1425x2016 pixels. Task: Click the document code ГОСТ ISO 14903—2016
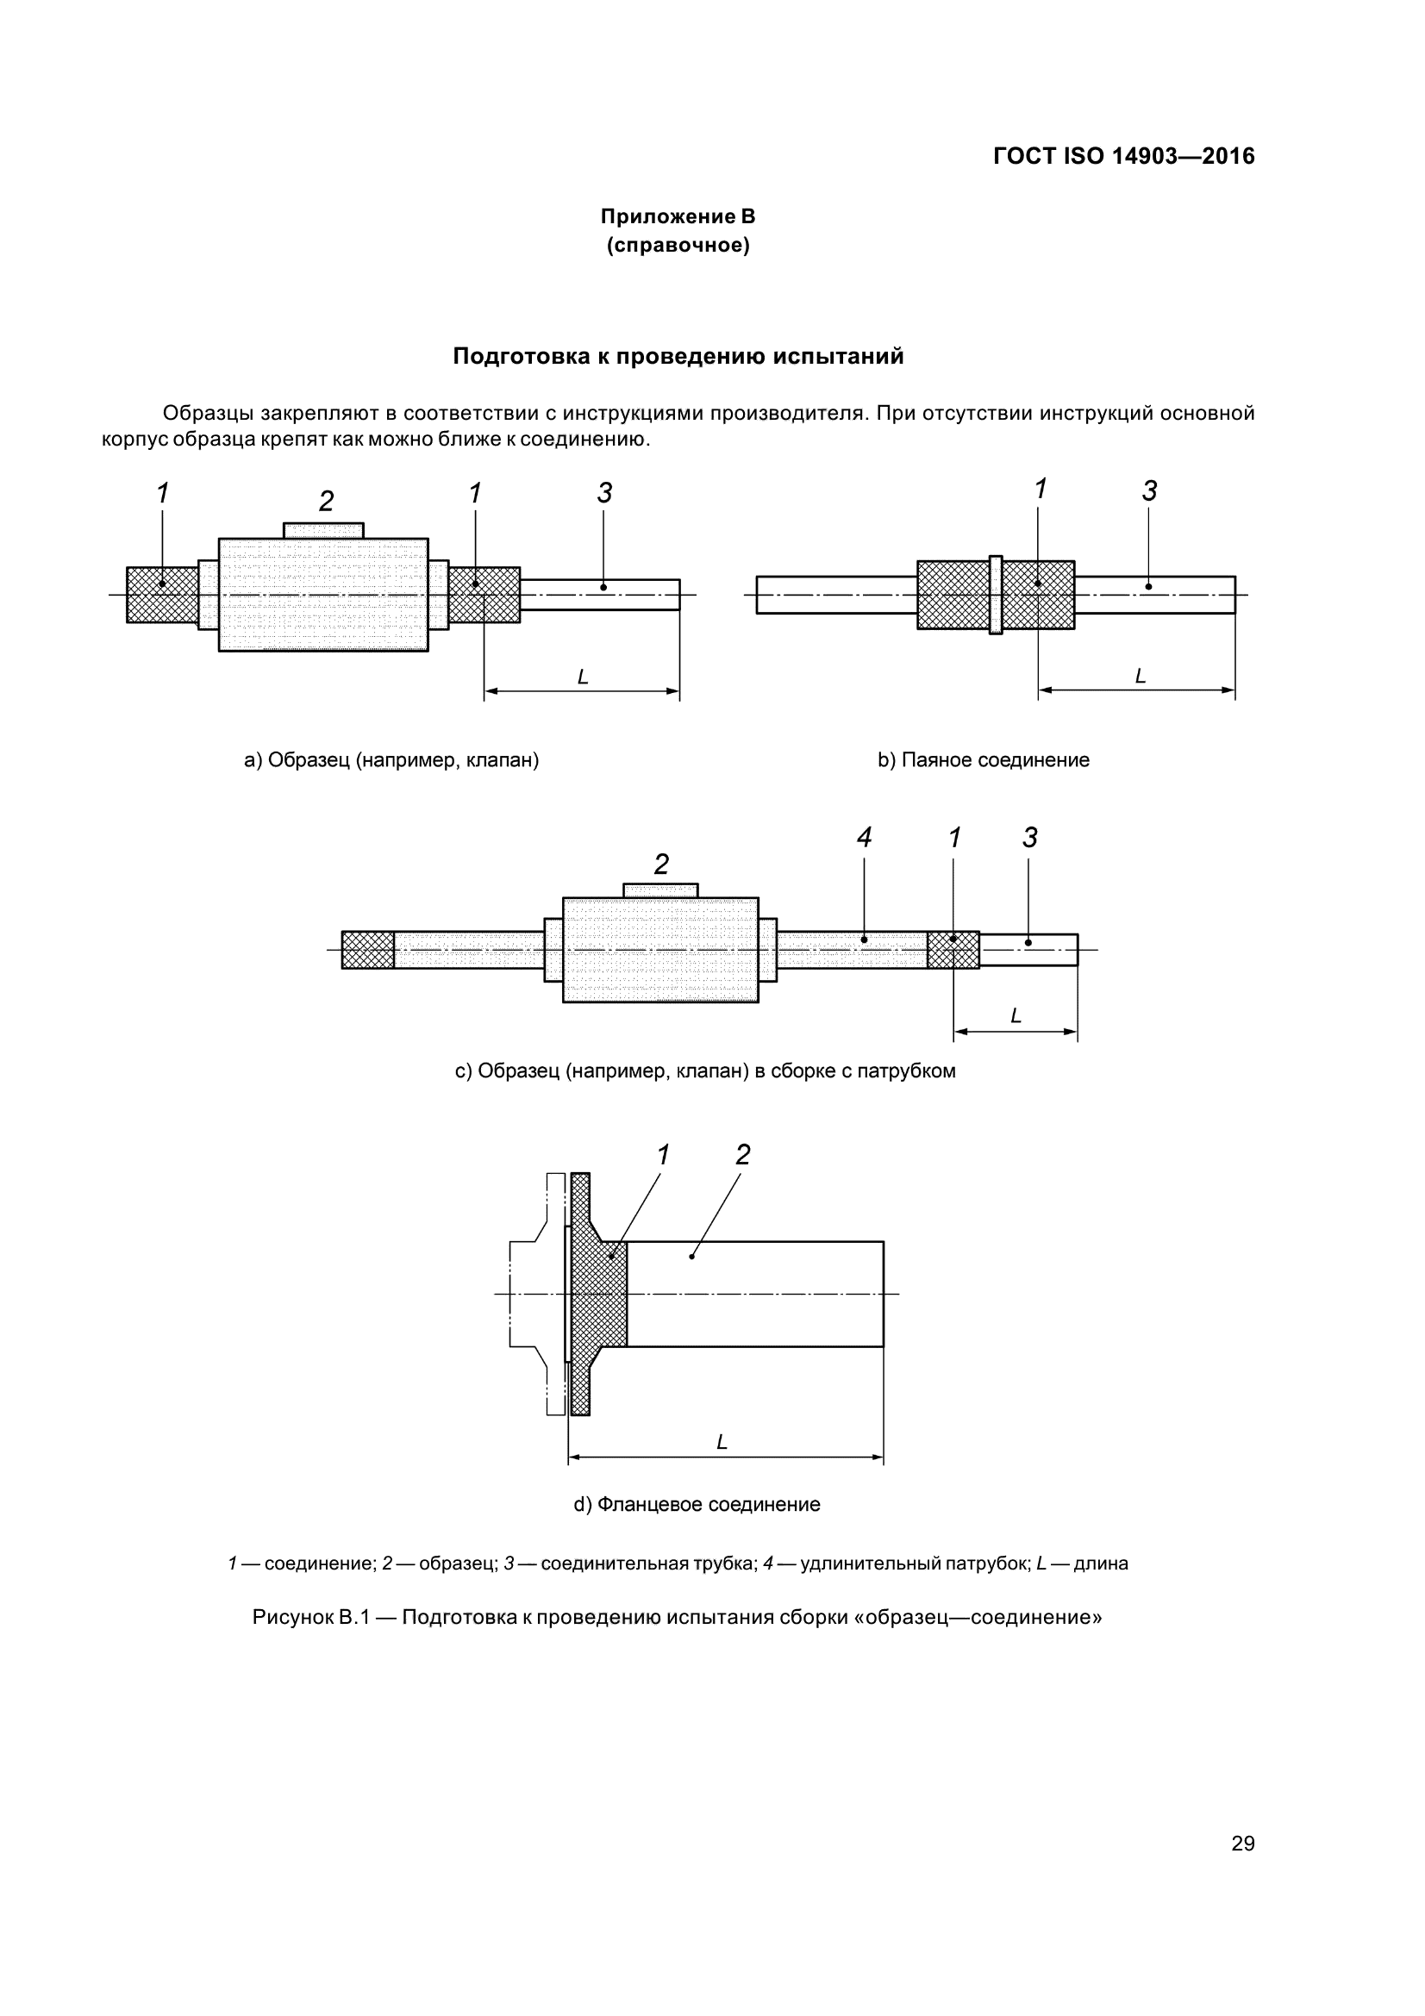click(1123, 156)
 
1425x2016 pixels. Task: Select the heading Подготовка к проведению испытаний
click(678, 357)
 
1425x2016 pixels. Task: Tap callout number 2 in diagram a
click(326, 502)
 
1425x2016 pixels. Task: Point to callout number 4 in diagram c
click(864, 838)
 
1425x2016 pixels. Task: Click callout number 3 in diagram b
click(1149, 491)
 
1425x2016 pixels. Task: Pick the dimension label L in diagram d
click(722, 1442)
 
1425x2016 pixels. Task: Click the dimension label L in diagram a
click(582, 677)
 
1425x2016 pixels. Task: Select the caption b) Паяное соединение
click(984, 760)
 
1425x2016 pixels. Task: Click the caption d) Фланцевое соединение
click(697, 1504)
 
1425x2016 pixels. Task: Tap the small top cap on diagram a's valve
click(323, 530)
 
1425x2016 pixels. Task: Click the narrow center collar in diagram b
click(995, 595)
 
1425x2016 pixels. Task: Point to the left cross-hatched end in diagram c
click(368, 949)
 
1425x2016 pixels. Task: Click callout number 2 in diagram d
click(743, 1156)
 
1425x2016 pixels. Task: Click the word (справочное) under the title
click(678, 245)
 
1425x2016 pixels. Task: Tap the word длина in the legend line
click(1101, 1563)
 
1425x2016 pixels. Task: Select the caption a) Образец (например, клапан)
click(391, 760)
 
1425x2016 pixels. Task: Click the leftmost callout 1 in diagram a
click(162, 494)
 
